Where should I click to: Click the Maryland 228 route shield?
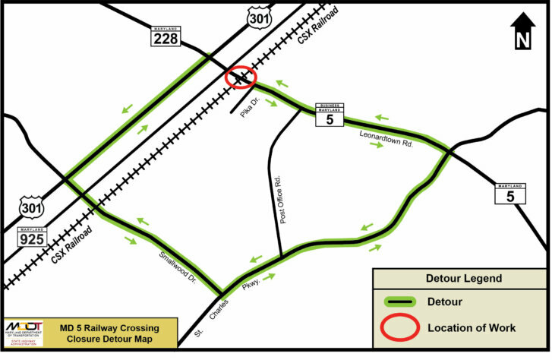click(x=165, y=35)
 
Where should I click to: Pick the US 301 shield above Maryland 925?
click(x=33, y=207)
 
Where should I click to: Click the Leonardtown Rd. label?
click(x=386, y=137)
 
